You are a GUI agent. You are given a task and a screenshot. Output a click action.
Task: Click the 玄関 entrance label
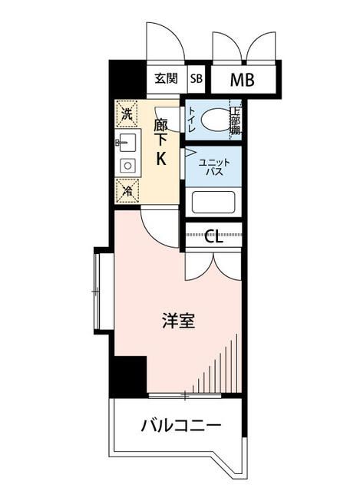(166, 78)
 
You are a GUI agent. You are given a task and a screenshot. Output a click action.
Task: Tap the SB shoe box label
(197, 78)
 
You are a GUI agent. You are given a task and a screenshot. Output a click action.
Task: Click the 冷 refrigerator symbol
(126, 189)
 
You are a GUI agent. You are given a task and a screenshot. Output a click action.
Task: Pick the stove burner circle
(127, 164)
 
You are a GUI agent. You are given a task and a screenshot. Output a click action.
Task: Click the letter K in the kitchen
(161, 160)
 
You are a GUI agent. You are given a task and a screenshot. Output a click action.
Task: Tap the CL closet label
(213, 236)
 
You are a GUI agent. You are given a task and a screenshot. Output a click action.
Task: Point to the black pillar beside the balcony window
(128, 376)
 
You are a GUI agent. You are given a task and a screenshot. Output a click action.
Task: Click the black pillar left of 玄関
(127, 77)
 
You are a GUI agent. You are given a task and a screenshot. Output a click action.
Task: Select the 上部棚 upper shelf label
(234, 120)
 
